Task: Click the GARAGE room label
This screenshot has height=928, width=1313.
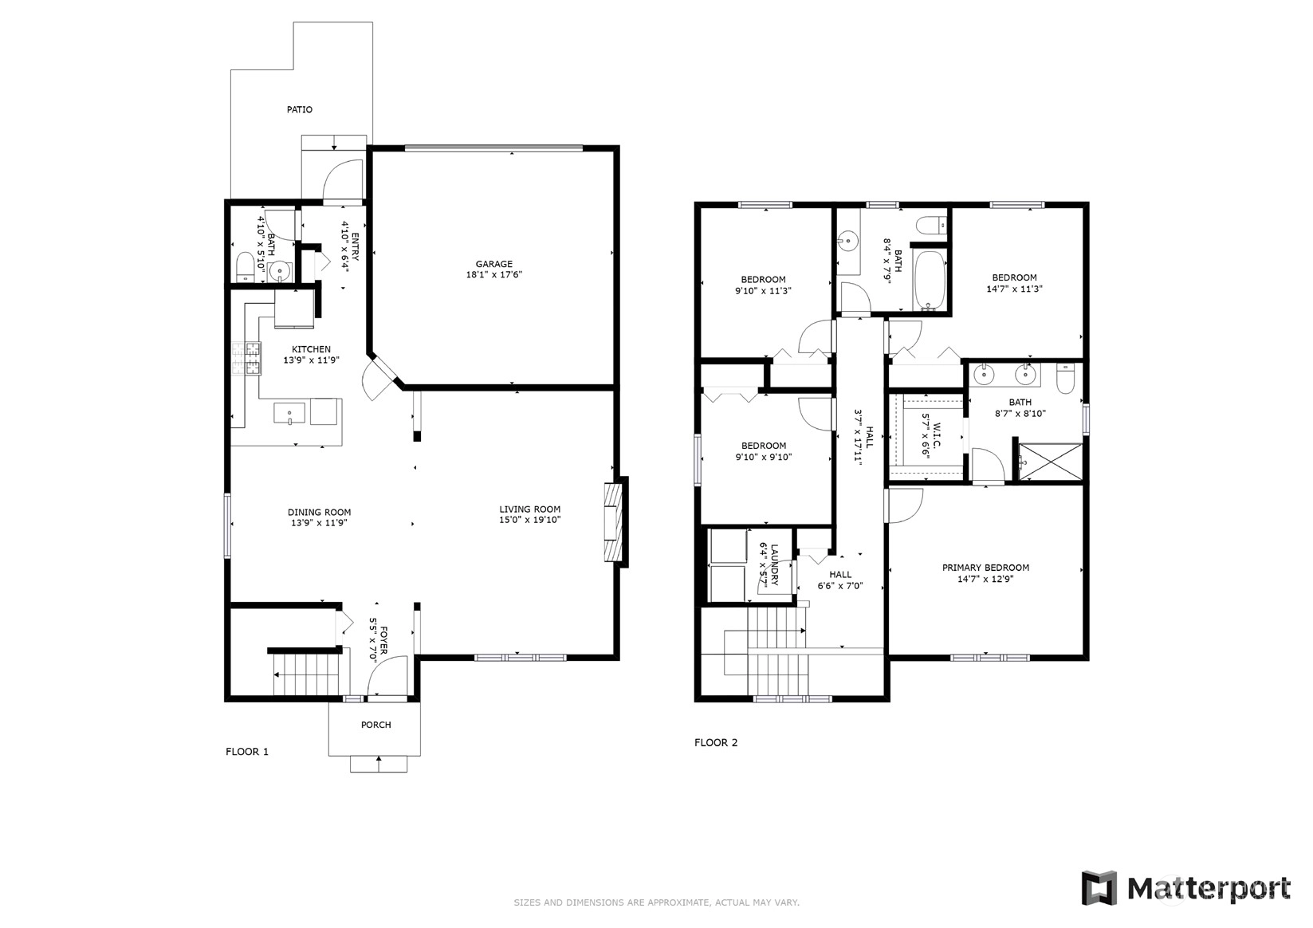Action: point(494,264)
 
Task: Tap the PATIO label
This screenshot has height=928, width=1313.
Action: point(300,110)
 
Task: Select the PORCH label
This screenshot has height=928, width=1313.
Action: point(375,725)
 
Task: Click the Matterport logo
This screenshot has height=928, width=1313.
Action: point(1186,888)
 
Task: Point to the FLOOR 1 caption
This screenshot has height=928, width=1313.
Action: point(247,752)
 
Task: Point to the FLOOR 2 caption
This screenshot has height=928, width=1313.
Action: point(716,743)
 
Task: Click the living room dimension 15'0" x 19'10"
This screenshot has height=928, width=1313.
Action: point(530,520)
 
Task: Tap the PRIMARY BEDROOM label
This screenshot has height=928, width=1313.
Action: point(985,568)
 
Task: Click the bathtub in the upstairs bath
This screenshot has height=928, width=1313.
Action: point(930,280)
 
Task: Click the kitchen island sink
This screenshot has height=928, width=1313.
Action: point(289,413)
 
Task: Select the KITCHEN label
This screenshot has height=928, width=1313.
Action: point(311,349)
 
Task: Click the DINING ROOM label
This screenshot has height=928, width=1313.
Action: point(320,513)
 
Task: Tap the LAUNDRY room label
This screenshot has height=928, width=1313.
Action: point(774,564)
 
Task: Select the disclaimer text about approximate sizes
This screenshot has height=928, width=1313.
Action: point(657,902)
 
